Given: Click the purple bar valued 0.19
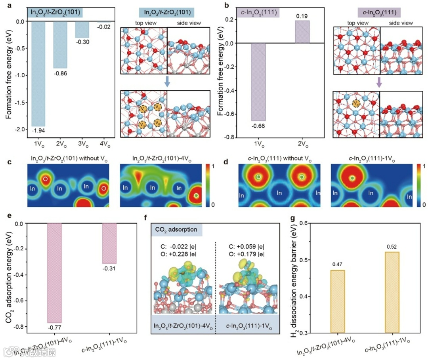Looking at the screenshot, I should [302, 32].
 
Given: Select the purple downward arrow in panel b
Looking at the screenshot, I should [379, 82].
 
